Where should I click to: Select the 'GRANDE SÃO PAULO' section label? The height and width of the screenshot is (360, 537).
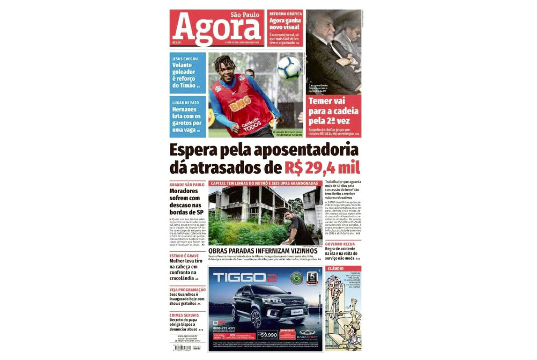tap(187, 184)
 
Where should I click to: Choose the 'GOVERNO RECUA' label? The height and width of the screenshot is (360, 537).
tap(340, 244)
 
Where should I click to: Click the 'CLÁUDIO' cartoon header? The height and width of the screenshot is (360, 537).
tap(335, 269)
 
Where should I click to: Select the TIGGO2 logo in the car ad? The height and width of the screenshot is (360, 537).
tap(245, 278)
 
